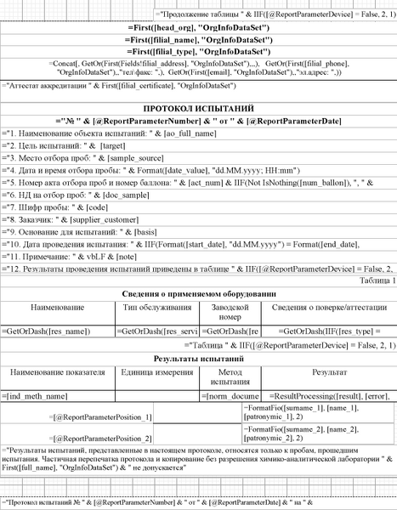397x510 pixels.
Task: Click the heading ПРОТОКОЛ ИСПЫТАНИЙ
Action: click(x=198, y=110)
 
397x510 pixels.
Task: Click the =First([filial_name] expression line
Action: click(x=198, y=41)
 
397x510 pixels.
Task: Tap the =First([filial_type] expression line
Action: click(x=198, y=53)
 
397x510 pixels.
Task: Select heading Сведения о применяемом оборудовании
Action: click(x=198, y=292)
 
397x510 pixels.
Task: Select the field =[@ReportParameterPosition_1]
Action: click(x=102, y=416)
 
